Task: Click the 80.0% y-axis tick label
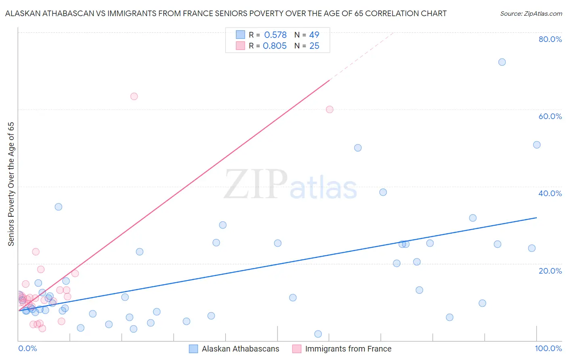[550, 39]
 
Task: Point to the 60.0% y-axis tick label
[550, 116]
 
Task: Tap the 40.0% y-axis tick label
[550, 193]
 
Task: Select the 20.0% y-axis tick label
[550, 271]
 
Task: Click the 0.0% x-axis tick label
[28, 348]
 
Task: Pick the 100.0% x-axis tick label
[548, 348]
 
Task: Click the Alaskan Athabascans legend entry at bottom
[234, 349]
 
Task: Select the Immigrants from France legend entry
[342, 349]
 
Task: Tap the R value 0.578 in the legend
[275, 35]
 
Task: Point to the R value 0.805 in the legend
[275, 46]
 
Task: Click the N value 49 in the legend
[314, 35]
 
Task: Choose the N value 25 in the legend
[314, 46]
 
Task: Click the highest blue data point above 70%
[502, 62]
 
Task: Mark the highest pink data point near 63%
[134, 96]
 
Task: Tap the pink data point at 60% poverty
[329, 109]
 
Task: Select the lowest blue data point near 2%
[318, 334]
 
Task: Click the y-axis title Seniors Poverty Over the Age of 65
[11, 184]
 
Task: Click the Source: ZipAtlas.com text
[531, 14]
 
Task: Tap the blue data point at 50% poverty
[358, 148]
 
